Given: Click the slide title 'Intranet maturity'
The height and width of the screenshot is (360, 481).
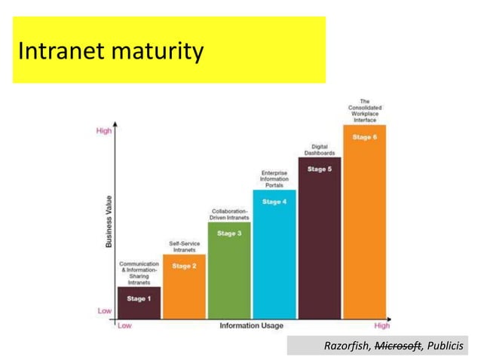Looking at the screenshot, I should coord(110,51).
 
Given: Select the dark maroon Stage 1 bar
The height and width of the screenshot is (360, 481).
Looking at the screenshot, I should coord(139,303).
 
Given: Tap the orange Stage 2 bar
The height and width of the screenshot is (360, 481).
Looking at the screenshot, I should coord(184,286).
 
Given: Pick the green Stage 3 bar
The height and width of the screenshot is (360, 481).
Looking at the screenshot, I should coord(229,270).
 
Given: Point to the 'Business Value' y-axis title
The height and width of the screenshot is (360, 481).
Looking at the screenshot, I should coord(109,221).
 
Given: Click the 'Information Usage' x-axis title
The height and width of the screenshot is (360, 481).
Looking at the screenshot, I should coord(252,326).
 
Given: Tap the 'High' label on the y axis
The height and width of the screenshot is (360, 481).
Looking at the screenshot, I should coord(104,131).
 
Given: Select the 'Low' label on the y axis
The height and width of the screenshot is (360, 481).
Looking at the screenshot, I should coord(104,310).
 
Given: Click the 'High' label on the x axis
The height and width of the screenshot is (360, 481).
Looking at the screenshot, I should coord(382,326).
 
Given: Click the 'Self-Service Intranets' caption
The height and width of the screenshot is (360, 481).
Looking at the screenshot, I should coord(184,246).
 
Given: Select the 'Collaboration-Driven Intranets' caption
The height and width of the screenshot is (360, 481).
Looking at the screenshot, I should coord(229,214).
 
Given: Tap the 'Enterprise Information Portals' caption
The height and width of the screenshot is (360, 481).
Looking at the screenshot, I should coord(274,179).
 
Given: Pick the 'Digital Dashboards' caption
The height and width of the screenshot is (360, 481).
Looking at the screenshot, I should coord(319,149).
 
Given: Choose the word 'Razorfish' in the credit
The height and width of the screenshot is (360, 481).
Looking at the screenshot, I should coord(348,346).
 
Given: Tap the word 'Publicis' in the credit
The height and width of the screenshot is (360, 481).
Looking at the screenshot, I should coord(444,346).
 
